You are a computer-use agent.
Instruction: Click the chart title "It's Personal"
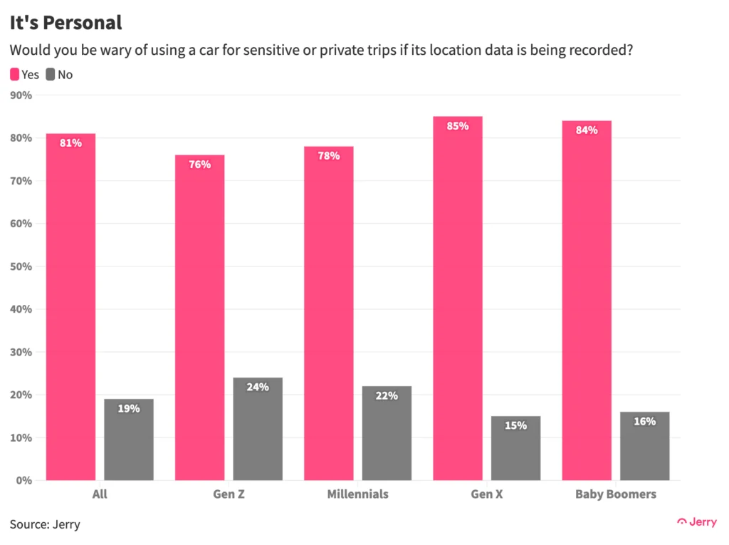click(65, 23)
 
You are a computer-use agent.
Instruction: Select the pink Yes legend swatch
click(14, 74)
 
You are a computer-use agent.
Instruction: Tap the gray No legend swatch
click(50, 74)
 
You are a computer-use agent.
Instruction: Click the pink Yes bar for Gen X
click(458, 299)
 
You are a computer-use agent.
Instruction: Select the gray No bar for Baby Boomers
click(644, 446)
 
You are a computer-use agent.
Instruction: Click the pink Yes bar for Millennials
click(329, 313)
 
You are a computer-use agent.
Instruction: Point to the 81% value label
click(70, 143)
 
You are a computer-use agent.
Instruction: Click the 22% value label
click(387, 396)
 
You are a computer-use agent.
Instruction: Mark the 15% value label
click(515, 426)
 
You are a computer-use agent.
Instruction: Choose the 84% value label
click(587, 130)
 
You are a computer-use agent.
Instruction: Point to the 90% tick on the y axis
click(21, 95)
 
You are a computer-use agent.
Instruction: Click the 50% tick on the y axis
click(21, 266)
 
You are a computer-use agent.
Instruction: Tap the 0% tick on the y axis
click(24, 480)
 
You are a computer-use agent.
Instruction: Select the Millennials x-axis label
click(357, 494)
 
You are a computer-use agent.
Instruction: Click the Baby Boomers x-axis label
click(616, 494)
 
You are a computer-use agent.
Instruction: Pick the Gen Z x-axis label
click(229, 494)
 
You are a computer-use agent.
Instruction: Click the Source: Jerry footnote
click(45, 525)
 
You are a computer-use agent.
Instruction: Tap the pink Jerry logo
click(697, 522)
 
